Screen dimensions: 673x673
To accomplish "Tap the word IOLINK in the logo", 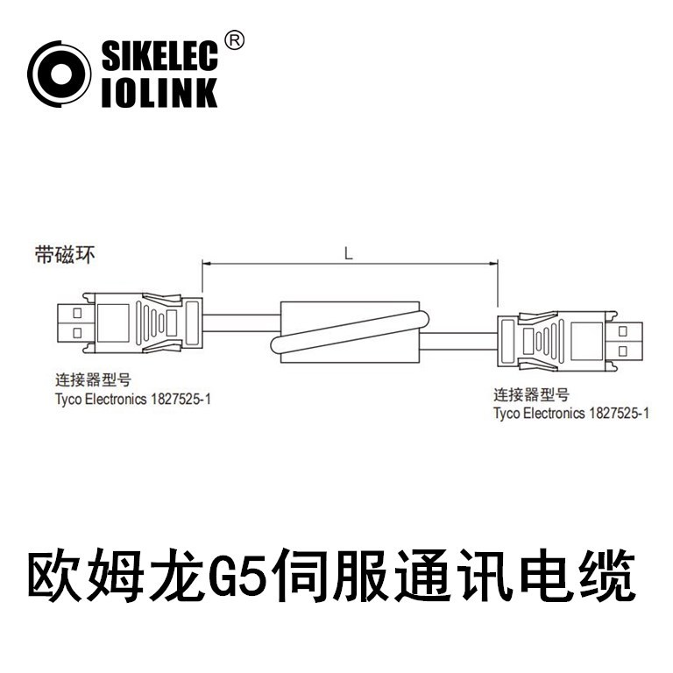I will coord(159,92).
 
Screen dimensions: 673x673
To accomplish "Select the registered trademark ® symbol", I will coord(234,39).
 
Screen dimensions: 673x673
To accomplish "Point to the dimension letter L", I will coord(349,254).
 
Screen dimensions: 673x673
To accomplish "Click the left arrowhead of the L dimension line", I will coord(207,263).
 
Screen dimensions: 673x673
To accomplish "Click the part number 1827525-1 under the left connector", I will coord(181,399).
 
